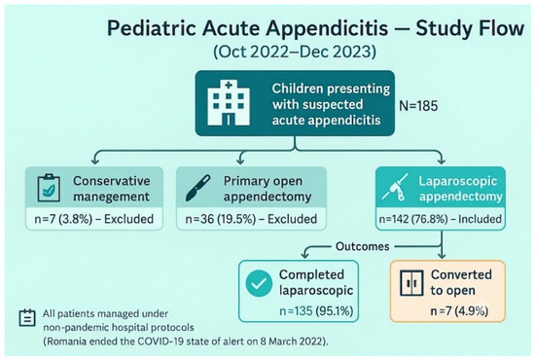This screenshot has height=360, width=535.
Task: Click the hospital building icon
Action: tap(229, 103)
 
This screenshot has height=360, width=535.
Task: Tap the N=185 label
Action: tap(418, 106)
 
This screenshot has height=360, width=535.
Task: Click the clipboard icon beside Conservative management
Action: tap(49, 188)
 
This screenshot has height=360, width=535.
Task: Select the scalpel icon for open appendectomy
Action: tap(197, 188)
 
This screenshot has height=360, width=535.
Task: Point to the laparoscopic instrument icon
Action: tap(394, 187)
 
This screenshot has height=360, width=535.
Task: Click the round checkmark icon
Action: tap(259, 283)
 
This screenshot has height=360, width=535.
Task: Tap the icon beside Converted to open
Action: tap(411, 283)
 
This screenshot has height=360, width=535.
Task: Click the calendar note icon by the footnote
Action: tap(27, 318)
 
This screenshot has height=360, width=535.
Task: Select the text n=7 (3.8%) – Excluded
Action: tap(93, 219)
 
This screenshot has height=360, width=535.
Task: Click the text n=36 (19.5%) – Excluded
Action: tap(251, 219)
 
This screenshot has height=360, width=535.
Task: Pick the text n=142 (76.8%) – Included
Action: tap(440, 219)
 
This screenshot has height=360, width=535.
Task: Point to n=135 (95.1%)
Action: tap(316, 310)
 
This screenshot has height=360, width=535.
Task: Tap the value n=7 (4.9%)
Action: tap(459, 310)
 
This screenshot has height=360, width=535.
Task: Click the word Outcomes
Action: tap(363, 246)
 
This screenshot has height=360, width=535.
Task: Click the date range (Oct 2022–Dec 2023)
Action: tap(295, 52)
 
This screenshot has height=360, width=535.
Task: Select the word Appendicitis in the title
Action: tap(327, 28)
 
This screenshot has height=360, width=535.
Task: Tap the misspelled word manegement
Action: tap(112, 197)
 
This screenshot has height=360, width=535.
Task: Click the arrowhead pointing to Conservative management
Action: tap(95, 160)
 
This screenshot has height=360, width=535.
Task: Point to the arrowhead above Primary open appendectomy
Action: tap(241, 160)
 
